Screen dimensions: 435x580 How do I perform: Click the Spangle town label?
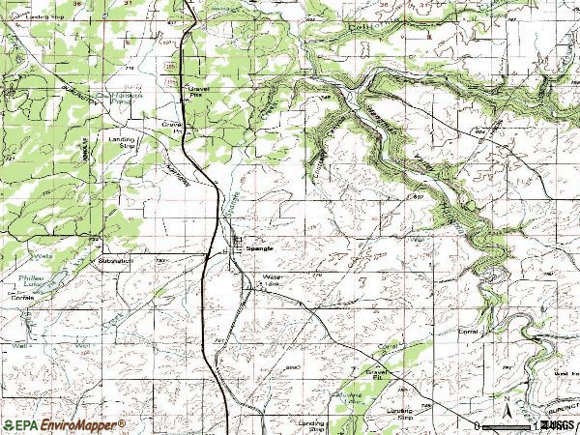pos(260,247)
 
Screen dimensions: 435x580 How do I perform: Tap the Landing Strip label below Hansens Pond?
pos(121,142)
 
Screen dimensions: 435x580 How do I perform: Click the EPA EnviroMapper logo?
pos(64,424)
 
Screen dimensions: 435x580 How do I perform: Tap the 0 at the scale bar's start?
pos(478,425)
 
